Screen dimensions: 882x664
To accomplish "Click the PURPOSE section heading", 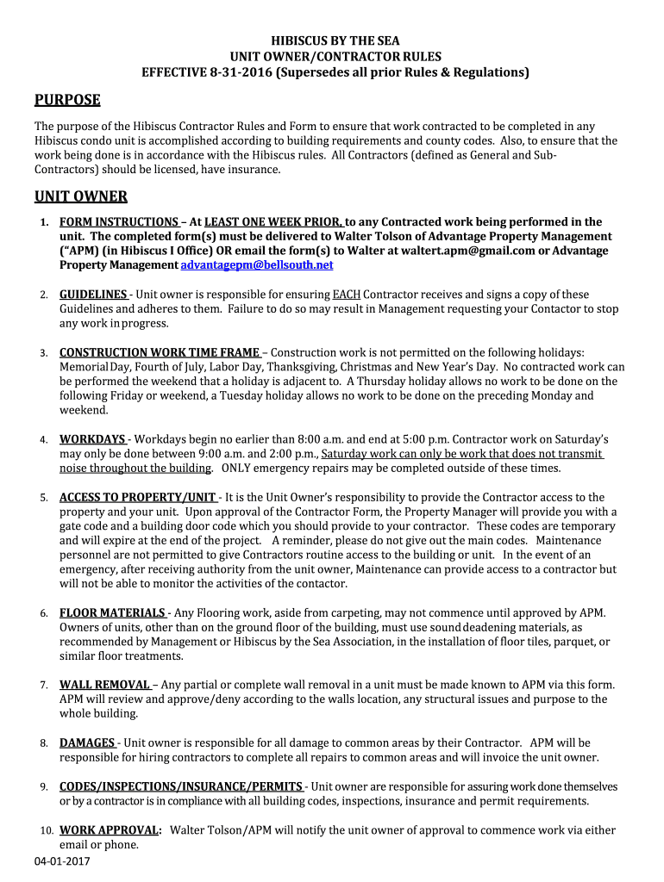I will tap(67, 101).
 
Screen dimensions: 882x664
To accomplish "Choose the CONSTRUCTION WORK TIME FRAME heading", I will tap(160, 352).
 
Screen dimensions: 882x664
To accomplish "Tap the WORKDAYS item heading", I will tap(92, 439).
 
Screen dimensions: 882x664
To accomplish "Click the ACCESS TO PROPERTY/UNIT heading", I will tap(138, 498).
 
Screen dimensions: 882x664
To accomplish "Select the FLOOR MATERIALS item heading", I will tap(112, 613).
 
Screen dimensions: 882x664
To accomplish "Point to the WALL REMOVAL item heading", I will tap(104, 685).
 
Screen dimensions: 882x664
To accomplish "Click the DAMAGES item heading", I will tap(87, 742).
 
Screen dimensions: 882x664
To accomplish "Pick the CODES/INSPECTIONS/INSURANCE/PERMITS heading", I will tap(181, 786).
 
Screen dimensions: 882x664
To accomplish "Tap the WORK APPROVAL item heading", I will tap(110, 830).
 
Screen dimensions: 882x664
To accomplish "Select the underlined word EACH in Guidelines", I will tap(347, 295).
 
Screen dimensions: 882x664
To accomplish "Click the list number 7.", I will tap(43, 686).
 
